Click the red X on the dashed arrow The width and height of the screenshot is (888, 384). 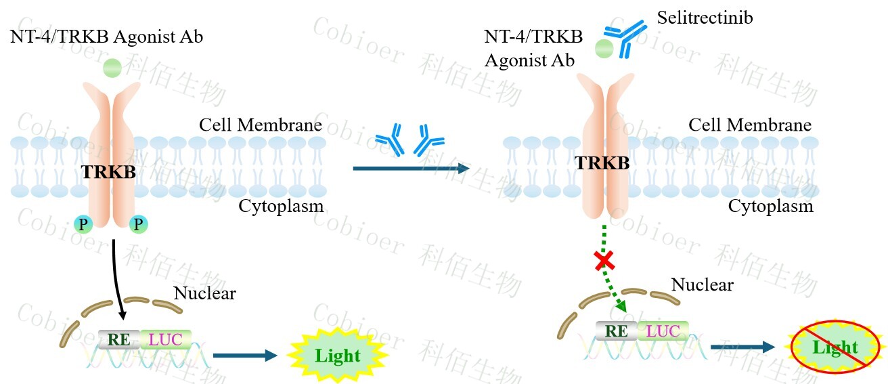click(604, 259)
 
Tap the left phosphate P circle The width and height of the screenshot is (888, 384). click(83, 224)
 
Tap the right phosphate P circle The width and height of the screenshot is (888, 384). click(139, 224)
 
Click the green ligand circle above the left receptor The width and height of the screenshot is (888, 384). click(112, 68)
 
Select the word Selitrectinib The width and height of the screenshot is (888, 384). click(705, 18)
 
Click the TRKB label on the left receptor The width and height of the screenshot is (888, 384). click(108, 172)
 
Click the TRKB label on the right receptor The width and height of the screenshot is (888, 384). click(602, 163)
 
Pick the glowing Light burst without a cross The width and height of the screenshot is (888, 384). click(336, 354)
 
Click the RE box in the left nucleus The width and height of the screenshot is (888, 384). click(119, 339)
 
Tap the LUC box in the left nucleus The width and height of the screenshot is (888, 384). click(166, 339)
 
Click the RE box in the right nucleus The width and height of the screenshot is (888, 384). click(616, 331)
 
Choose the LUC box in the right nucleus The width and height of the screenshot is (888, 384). click(663, 331)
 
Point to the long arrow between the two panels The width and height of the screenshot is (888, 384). click(411, 168)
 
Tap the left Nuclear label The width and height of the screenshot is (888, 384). click(204, 293)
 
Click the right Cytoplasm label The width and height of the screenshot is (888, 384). click(770, 205)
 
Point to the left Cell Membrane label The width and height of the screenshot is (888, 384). click(260, 125)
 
